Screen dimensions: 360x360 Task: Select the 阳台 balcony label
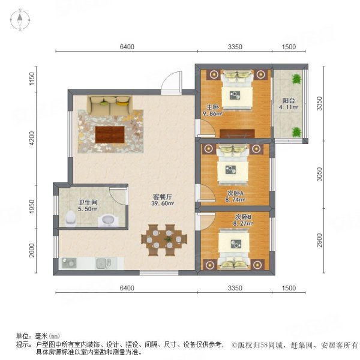288,101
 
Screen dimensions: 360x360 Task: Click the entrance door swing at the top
172,82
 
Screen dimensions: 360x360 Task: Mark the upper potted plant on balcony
296,79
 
